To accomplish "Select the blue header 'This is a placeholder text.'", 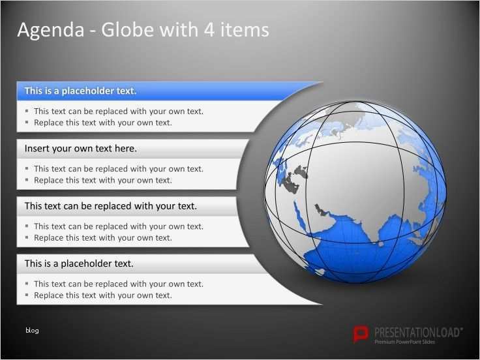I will tap(80, 91).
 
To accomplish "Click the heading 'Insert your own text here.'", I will tap(80, 149).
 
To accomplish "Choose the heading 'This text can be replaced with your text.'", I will tap(110, 206).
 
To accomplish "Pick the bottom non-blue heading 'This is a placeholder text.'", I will tap(79, 263).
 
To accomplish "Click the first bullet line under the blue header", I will tap(119, 111).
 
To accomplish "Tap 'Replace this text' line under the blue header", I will tap(102, 123).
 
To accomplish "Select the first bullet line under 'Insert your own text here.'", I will tap(119, 169).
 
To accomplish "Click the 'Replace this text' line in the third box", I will tap(102, 238).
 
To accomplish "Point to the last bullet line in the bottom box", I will tap(102, 295).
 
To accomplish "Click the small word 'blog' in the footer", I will tap(32, 331).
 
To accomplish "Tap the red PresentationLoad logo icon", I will tap(360, 334).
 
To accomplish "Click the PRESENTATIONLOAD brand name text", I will tap(417, 331).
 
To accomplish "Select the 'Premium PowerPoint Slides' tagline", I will tap(404, 342).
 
